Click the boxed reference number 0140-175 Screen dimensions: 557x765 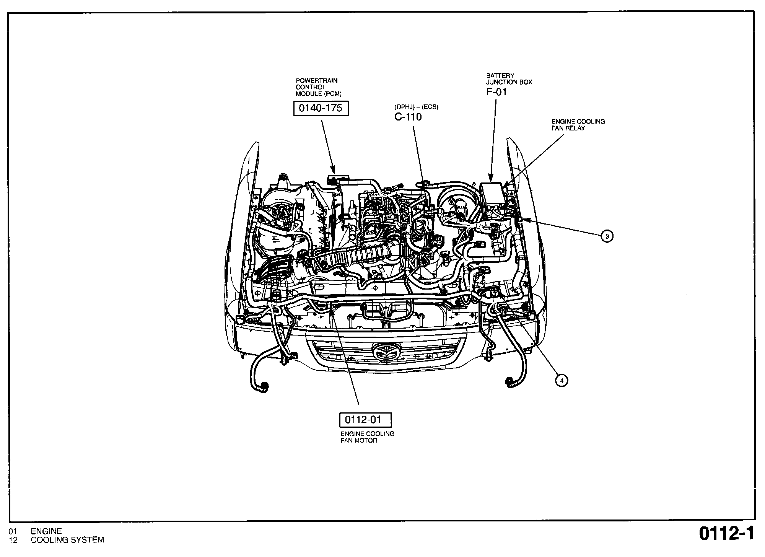[x=321, y=108]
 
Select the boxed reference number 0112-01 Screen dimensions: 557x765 [x=365, y=420]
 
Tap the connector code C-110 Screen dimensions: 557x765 [x=408, y=117]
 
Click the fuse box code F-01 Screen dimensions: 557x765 [x=496, y=92]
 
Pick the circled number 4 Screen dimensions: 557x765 [x=562, y=381]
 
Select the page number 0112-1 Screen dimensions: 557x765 [x=726, y=534]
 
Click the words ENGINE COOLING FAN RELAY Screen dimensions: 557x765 [x=578, y=125]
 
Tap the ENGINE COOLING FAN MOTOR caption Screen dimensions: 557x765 [x=367, y=437]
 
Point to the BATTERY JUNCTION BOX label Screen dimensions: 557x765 [x=509, y=79]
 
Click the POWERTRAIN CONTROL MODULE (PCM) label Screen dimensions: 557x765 [x=318, y=87]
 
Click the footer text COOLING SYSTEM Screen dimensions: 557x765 [x=67, y=540]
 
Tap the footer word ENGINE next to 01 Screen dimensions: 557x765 [x=46, y=531]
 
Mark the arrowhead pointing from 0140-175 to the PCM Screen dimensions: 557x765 [x=333, y=171]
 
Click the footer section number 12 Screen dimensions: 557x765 [x=13, y=540]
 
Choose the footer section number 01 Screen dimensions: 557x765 [x=13, y=531]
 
